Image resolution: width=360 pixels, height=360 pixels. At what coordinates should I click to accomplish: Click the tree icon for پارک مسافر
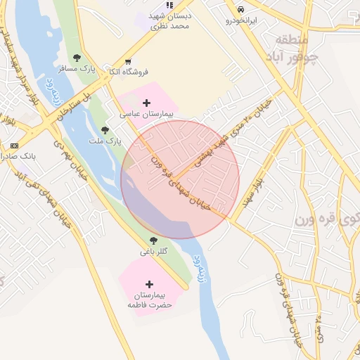point(77,58)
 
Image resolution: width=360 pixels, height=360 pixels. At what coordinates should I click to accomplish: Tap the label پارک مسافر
point(83,68)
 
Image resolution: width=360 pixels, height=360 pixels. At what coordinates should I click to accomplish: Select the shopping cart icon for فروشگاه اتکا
point(127,61)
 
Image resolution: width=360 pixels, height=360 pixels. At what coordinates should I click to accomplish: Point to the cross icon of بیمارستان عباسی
point(146,103)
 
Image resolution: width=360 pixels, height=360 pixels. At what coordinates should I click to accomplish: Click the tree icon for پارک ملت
point(105,129)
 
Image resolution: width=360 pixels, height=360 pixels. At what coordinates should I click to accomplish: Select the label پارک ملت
point(109,141)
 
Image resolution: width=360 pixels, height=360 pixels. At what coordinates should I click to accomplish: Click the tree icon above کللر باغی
point(153,240)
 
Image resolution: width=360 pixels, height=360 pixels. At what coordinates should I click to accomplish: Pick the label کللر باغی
point(154,251)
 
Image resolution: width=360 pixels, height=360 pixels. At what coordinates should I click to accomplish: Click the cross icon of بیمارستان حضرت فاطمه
point(147,283)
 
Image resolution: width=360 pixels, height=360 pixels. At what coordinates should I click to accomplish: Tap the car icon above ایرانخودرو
point(241,10)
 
